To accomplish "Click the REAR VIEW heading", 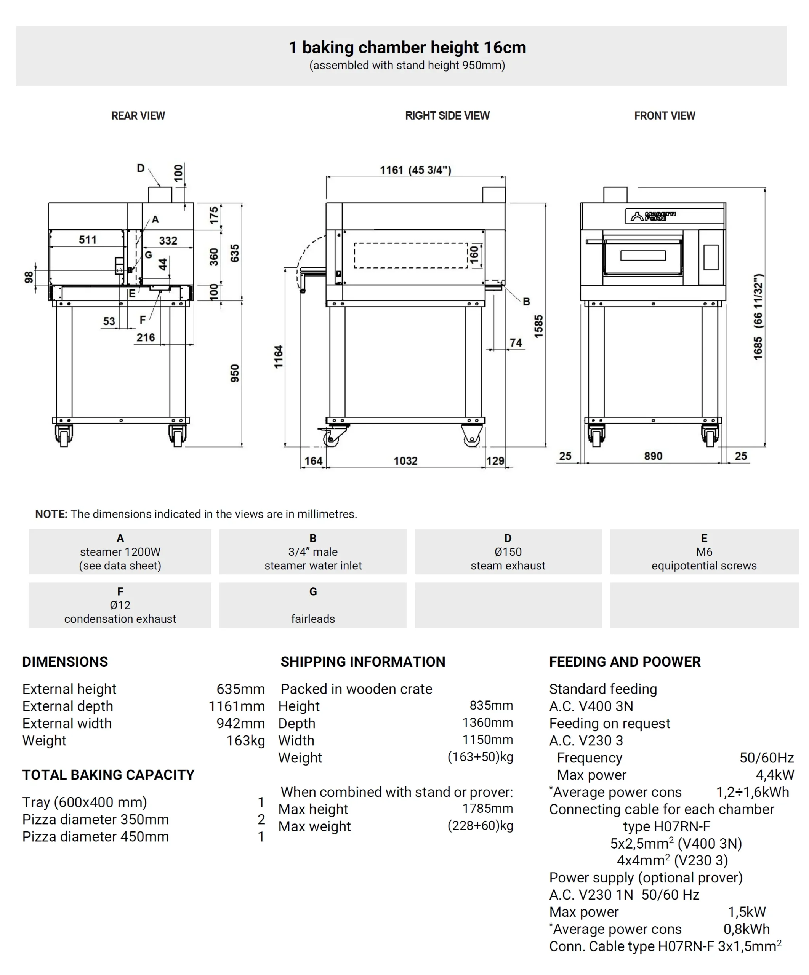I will [138, 116].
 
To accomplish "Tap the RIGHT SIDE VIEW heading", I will [447, 116].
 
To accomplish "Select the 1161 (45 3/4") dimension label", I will [415, 170].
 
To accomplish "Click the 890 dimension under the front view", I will [653, 456].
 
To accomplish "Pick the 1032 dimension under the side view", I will [405, 460].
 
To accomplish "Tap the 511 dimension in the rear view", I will [87, 240].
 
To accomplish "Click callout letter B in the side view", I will [526, 301].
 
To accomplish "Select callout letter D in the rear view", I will [141, 168].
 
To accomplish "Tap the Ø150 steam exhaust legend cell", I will [508, 551].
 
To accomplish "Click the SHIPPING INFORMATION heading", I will [363, 662].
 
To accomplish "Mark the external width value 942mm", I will [240, 723].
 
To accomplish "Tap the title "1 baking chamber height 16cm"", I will [407, 47].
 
